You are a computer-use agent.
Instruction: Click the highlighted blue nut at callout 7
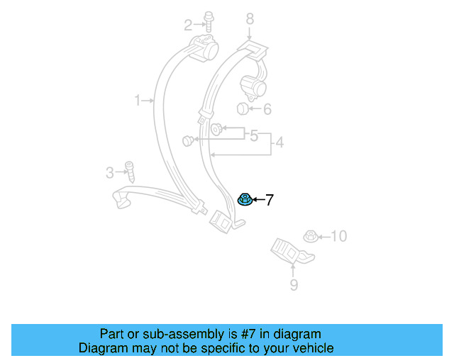244,199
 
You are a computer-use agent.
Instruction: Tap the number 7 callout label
270,201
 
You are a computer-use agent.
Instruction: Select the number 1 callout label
138,101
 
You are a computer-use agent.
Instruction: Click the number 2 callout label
188,26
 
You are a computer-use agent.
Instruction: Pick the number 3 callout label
109,172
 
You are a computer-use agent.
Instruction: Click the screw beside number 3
129,171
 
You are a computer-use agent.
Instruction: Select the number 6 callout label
267,109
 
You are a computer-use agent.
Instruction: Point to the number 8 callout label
250,18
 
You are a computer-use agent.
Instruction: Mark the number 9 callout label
293,286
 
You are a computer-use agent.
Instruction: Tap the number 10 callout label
339,236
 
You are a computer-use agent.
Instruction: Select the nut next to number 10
309,236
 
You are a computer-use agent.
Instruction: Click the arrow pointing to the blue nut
258,201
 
